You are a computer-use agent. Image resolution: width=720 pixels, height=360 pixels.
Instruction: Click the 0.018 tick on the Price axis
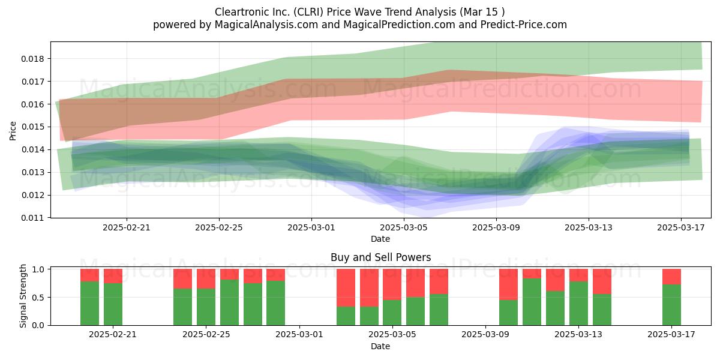coord(32,59)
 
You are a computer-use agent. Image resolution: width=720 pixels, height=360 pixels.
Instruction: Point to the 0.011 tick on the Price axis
coord(32,218)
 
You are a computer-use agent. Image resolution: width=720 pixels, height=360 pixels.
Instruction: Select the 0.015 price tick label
coord(32,127)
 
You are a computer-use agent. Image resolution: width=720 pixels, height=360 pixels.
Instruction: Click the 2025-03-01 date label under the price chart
coord(311,227)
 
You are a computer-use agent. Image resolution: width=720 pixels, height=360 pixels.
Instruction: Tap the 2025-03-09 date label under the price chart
coord(496,227)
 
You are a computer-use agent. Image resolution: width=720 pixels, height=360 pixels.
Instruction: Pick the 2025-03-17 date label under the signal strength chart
coord(671,334)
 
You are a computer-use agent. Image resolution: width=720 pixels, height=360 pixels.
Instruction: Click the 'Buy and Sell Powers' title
coord(380,257)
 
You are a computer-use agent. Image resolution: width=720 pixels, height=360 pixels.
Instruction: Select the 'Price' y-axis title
coord(13,131)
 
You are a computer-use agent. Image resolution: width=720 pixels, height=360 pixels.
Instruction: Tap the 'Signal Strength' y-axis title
coord(23,296)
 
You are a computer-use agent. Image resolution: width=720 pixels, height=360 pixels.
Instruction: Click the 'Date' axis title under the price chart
coord(380,239)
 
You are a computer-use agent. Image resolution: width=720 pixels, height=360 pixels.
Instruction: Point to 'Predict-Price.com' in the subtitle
coord(523,25)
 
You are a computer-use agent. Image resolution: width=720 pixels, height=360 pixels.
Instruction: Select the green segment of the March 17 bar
coord(671,305)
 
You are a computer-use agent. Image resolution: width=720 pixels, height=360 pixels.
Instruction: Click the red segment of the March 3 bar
coord(346,287)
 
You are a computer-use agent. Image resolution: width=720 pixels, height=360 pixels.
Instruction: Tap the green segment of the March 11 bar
coord(532,302)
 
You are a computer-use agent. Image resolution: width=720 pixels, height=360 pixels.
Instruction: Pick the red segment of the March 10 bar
coord(508,284)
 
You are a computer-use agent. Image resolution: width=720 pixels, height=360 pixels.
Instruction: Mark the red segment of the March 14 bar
coord(602,281)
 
